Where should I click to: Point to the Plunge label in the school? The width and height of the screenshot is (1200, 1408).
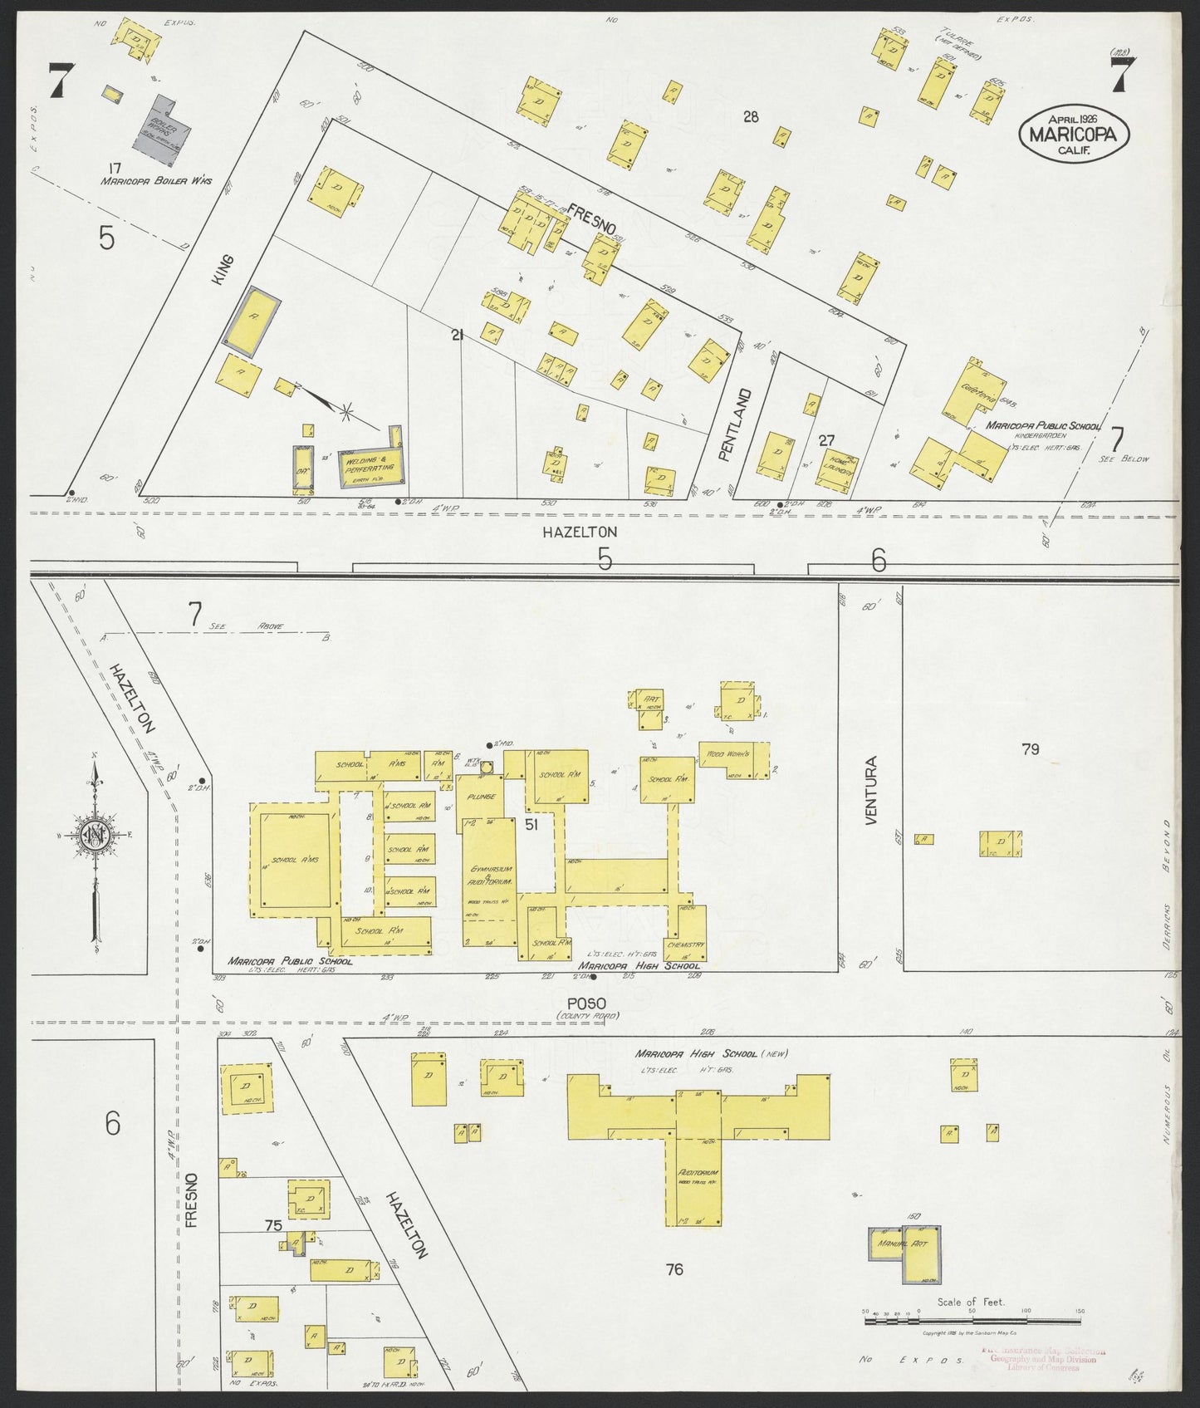(482, 797)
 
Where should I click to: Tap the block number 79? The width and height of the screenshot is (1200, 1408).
(1030, 749)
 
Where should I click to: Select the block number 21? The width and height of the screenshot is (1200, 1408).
(456, 336)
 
